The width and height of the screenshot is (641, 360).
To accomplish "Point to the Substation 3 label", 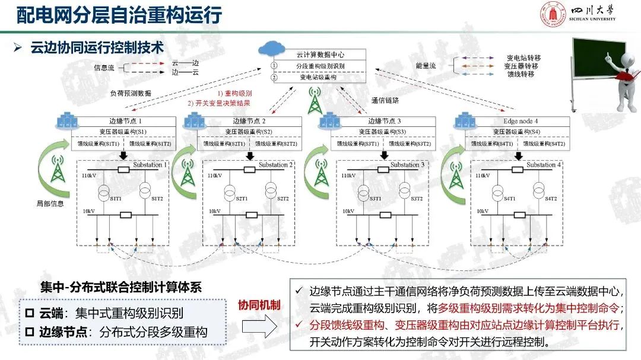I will (407, 164).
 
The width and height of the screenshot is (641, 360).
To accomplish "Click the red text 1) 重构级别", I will (234, 94).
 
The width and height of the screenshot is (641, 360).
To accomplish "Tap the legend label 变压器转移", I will (523, 66).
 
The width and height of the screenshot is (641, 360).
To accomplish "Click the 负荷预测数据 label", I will (131, 94).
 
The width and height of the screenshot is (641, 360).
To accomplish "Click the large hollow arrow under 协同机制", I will (259, 328).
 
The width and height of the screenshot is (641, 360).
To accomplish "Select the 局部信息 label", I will (50, 203).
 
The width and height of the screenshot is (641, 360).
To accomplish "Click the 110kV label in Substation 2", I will (215, 176).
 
